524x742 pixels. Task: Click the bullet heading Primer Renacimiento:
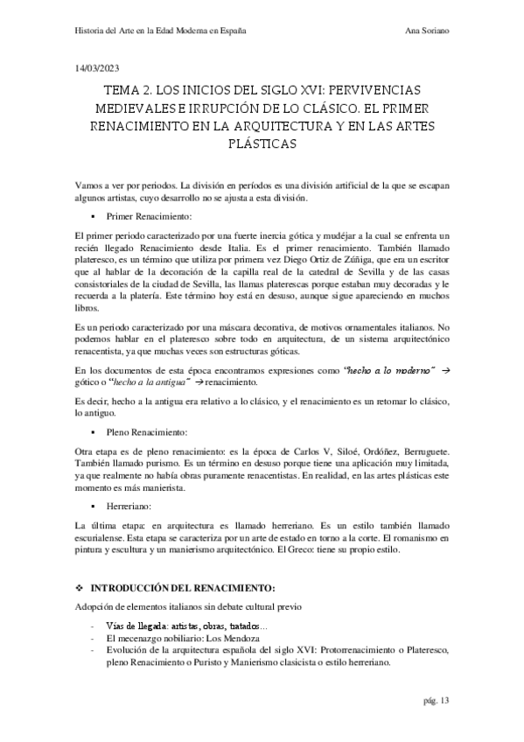point(148,214)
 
